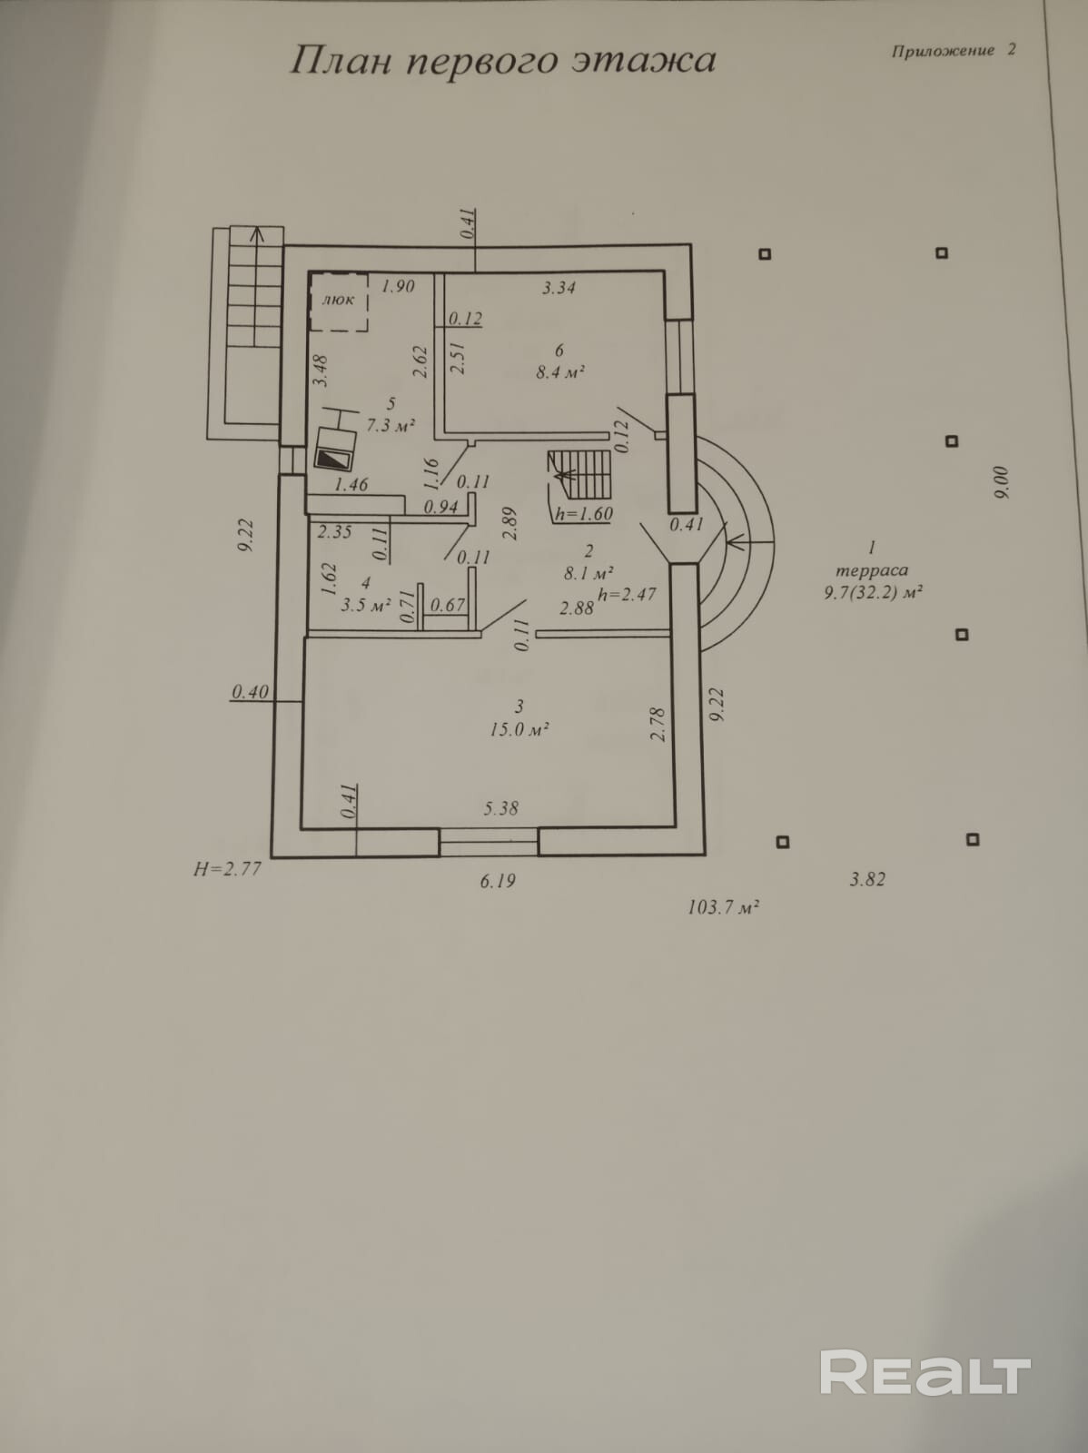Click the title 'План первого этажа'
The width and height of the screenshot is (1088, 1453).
502,61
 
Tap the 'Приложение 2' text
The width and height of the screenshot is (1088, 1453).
954,51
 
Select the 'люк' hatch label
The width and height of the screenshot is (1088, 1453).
339,300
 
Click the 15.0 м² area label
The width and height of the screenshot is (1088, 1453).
519,729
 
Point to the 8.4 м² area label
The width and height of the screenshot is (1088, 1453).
559,371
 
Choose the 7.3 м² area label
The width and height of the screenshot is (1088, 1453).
391,424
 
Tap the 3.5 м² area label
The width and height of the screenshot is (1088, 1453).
365,604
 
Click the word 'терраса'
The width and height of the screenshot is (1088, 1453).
871,570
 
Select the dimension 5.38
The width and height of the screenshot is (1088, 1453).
501,807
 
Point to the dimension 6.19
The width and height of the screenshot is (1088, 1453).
498,880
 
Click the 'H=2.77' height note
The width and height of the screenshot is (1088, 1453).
227,869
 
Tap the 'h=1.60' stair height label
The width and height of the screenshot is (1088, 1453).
584,513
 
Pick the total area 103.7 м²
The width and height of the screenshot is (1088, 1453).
723,906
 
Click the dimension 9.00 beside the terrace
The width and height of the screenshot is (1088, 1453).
1001,482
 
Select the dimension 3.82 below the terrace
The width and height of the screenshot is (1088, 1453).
866,879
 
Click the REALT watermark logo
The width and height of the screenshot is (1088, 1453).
925,1370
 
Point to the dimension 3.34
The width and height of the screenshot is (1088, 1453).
559,288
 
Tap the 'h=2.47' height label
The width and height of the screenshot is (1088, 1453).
627,595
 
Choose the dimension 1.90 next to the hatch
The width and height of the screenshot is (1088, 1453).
398,286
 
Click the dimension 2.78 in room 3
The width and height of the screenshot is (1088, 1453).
658,725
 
